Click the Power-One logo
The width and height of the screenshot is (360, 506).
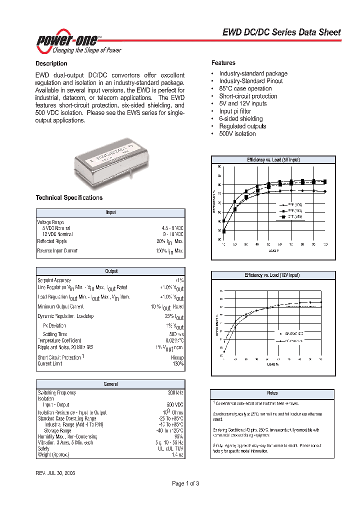click(x=77, y=43)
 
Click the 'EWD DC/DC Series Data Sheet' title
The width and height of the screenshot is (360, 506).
click(x=281, y=32)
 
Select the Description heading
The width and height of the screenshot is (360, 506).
click(x=51, y=63)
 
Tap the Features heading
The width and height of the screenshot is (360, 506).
click(x=223, y=63)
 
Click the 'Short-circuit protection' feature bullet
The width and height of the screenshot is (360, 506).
click(x=247, y=96)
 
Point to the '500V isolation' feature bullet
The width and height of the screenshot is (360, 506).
click(x=237, y=133)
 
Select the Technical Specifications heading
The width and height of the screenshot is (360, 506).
click(x=69, y=197)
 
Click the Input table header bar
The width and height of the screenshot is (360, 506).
click(x=110, y=212)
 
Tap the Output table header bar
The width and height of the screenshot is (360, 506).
click(x=110, y=271)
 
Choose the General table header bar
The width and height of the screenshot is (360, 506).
click(x=110, y=384)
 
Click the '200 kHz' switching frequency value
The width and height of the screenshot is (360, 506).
click(x=175, y=393)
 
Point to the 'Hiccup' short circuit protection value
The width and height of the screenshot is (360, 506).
click(x=177, y=358)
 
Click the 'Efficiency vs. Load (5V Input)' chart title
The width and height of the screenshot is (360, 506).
click(x=272, y=159)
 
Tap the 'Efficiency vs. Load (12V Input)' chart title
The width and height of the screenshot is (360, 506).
click(x=272, y=275)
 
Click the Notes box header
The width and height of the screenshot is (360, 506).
click(x=272, y=393)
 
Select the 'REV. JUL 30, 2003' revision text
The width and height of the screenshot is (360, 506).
click(x=55, y=472)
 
